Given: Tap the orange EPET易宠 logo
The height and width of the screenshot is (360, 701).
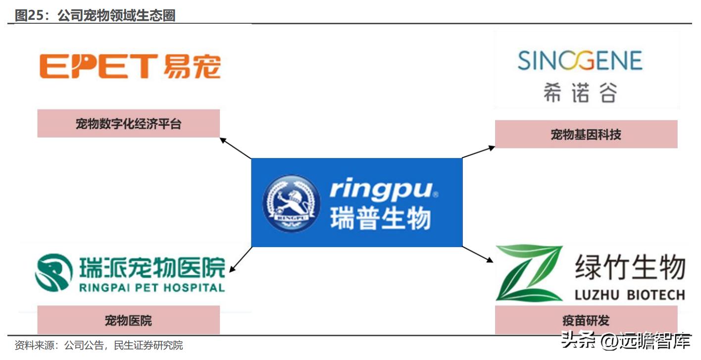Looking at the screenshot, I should click(x=130, y=67).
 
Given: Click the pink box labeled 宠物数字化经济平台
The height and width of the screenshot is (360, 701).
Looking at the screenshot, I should click(x=128, y=124).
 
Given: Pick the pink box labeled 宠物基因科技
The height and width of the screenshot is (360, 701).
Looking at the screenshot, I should click(x=586, y=134).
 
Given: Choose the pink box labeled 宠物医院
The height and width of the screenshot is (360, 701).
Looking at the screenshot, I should click(x=128, y=320).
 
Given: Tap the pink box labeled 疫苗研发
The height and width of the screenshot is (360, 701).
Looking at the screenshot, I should click(x=586, y=320).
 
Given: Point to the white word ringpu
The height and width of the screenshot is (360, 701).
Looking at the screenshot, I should click(x=382, y=190).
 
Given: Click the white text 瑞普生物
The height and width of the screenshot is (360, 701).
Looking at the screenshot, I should click(x=380, y=218).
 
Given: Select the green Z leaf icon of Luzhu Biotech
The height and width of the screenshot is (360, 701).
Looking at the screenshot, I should click(x=529, y=273).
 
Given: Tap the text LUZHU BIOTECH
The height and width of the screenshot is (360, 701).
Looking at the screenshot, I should click(x=630, y=296).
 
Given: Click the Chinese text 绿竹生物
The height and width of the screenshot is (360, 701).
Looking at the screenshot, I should click(x=630, y=268).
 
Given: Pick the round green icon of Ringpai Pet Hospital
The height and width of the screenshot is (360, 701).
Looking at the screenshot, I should click(x=53, y=273).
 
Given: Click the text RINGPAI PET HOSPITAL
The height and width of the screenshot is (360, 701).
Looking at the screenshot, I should click(x=152, y=287).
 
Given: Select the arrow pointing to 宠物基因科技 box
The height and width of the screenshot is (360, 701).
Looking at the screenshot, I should click(x=478, y=152).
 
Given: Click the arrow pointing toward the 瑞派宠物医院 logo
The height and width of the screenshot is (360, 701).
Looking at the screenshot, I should click(x=240, y=259).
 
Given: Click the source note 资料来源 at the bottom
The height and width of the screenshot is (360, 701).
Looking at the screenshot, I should click(x=99, y=345).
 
